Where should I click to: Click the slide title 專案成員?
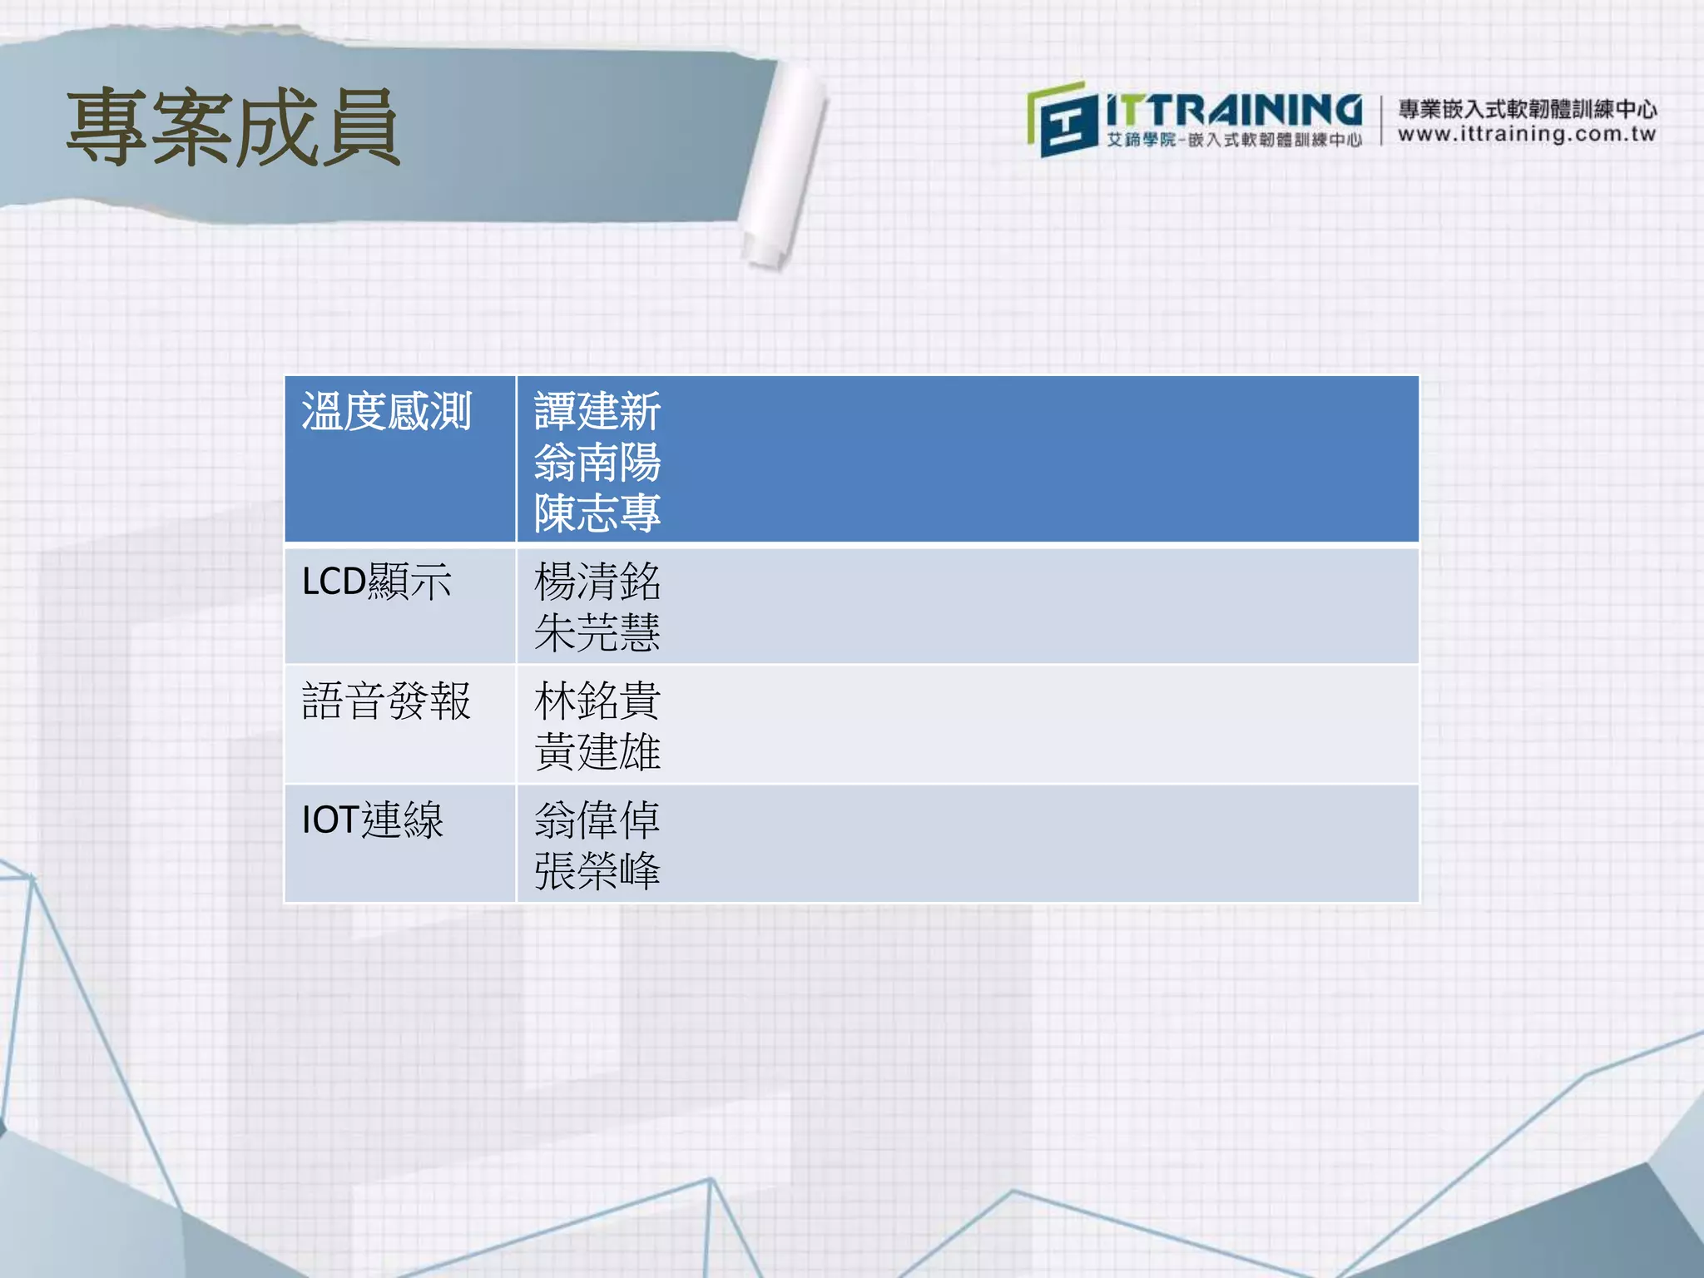233,127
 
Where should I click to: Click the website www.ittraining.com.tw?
1527,134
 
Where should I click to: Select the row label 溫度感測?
386,412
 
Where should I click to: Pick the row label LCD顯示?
376,582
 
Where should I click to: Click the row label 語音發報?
386,701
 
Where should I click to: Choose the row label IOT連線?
372,820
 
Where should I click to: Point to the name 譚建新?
597,411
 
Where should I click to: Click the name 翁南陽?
597,463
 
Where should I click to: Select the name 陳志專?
597,513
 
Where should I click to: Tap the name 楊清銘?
597,582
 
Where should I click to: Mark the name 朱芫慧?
597,632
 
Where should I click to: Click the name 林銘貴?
597,701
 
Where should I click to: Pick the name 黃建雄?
597,751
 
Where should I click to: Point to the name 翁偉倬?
597,820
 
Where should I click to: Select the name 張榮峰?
597,871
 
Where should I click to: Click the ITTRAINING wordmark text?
1234,110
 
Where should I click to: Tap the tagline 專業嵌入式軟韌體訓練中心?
1527,109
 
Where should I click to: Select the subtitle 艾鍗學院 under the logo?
1141,140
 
